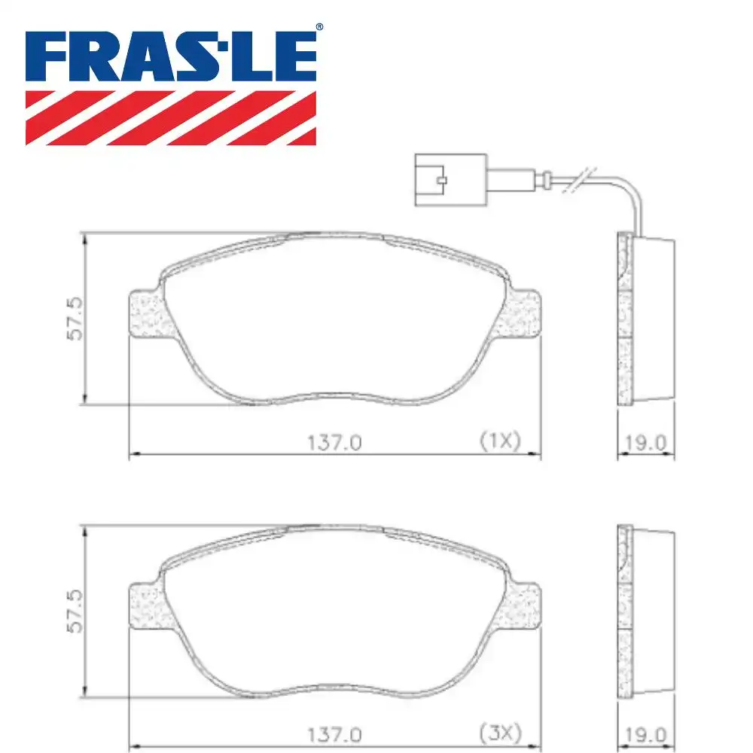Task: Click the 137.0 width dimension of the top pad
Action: click(334, 444)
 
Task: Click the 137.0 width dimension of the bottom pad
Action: click(334, 732)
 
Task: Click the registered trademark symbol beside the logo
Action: click(319, 27)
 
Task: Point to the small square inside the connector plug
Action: click(442, 181)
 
